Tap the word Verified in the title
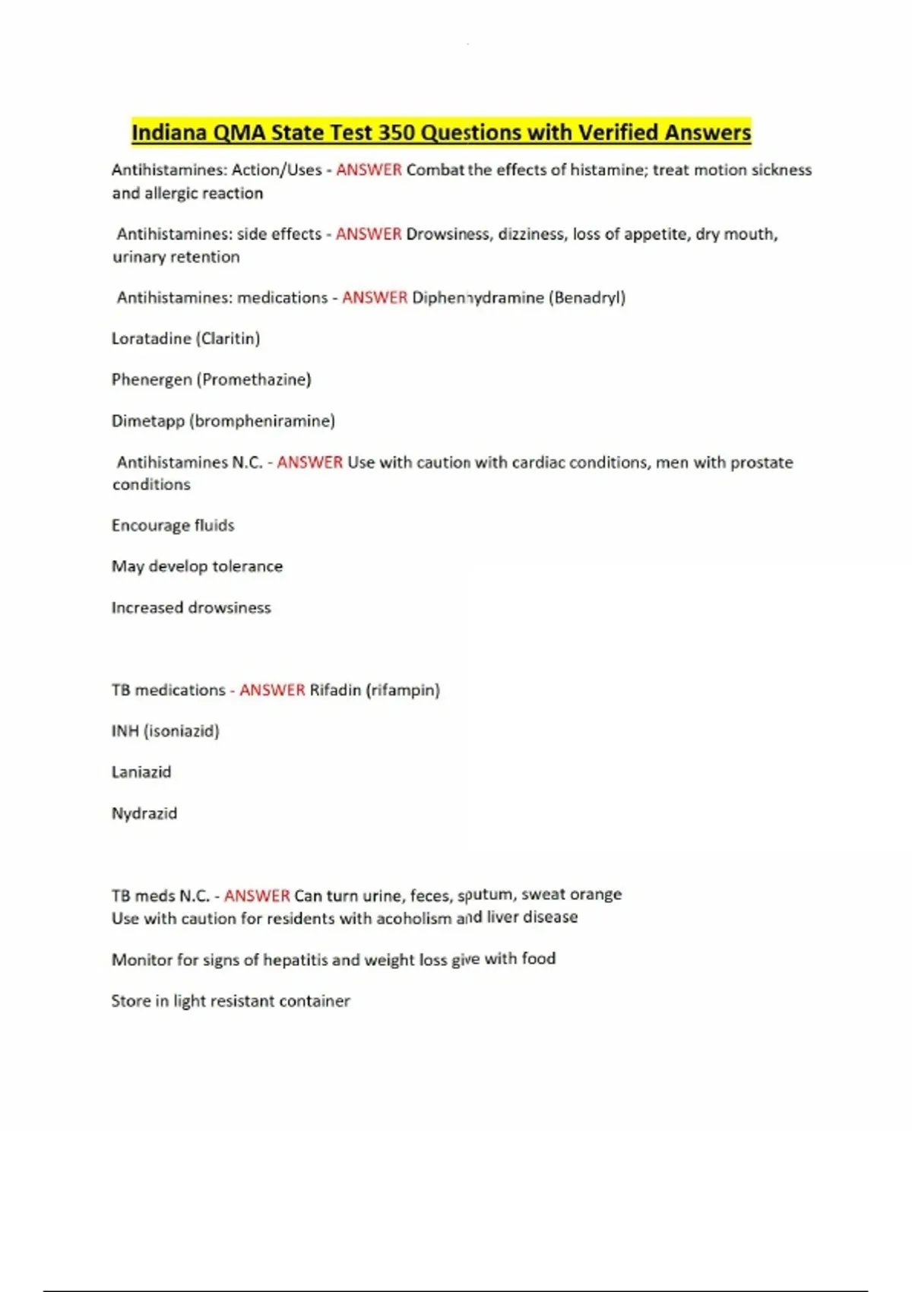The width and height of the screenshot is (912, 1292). (x=618, y=132)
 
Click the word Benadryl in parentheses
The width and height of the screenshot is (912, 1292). (x=586, y=298)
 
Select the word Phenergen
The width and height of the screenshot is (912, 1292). (x=151, y=379)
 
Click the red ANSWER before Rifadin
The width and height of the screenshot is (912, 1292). (x=272, y=690)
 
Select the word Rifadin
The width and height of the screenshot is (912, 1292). (x=335, y=690)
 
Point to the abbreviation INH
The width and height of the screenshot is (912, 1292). (x=125, y=731)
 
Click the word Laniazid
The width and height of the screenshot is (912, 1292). (x=141, y=772)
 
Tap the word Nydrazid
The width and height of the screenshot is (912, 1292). (x=144, y=813)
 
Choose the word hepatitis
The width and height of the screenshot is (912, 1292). (x=296, y=960)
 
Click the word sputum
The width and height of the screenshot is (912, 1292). (x=485, y=895)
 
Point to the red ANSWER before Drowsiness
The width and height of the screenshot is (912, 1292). (x=369, y=234)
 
